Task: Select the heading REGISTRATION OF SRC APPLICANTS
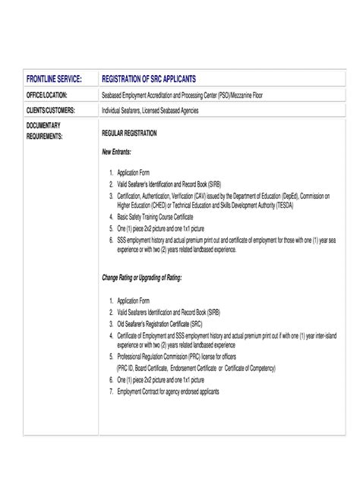pos(149,79)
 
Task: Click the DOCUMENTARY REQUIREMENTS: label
pos(45,130)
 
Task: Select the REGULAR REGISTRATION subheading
pos(129,133)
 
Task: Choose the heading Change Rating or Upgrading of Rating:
pos(142,278)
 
